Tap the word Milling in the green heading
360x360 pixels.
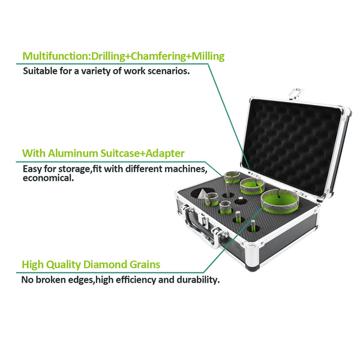[x=208, y=56]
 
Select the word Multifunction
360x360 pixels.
[x=56, y=56]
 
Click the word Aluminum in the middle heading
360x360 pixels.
[x=73, y=153]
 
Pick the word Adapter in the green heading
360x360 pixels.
[x=165, y=154]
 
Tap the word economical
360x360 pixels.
[x=48, y=178]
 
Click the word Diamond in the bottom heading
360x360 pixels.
[x=104, y=265]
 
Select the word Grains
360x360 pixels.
[x=145, y=265]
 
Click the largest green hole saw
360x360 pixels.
[x=280, y=202]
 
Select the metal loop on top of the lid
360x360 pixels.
[x=296, y=94]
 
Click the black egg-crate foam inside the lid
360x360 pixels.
[x=291, y=143]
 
